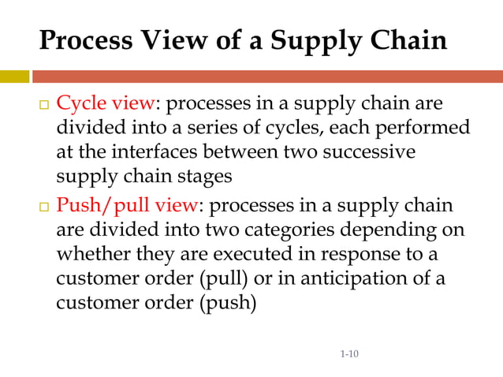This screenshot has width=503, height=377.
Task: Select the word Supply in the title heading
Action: (x=302, y=41)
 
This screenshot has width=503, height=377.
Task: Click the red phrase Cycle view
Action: (x=110, y=104)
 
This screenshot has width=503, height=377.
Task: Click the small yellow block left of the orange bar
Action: (x=14, y=77)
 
